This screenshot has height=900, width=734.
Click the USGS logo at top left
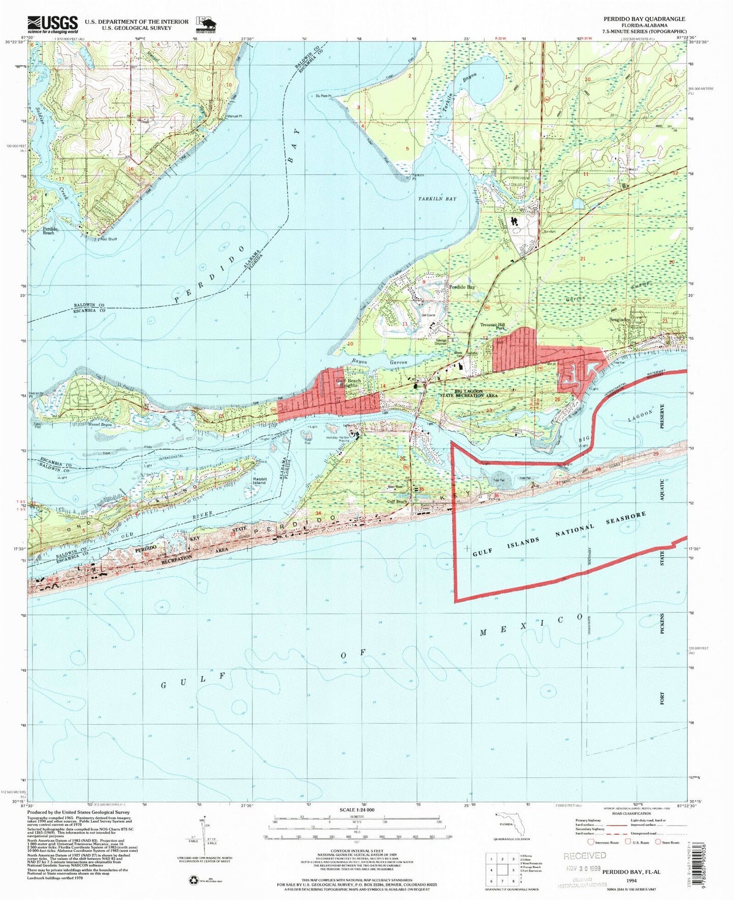[x=53, y=24]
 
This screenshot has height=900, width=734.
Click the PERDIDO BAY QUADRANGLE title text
[x=644, y=19]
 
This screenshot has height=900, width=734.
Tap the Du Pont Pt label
[x=323, y=96]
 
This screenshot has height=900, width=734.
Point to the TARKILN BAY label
[x=437, y=199]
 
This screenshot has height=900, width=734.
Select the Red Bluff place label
[x=108, y=238]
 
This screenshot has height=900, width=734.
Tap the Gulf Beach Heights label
[x=348, y=383]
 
